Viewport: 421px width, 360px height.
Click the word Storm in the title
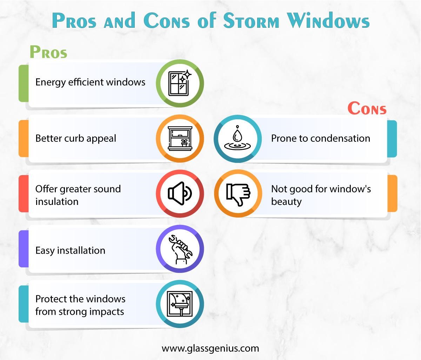coord(251,21)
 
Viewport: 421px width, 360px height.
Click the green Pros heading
coord(48,52)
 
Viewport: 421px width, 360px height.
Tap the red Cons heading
coord(367,108)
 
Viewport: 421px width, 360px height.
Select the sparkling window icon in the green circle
coord(180,84)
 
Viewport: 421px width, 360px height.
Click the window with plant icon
coord(180,139)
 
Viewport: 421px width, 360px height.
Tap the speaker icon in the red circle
coord(180,193)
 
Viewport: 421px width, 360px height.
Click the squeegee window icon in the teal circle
coord(180,304)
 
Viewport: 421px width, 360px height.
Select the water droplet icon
coord(238,139)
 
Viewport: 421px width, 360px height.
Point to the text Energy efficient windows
coord(90,82)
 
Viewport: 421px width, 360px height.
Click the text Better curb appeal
coord(75,139)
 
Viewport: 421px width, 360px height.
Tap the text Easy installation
coord(70,251)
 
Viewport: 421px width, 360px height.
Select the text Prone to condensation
coord(320,138)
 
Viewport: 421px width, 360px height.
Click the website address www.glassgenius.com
coord(210,348)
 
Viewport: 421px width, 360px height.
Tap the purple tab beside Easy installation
coord(23,249)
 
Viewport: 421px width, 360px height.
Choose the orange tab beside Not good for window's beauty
coord(392,193)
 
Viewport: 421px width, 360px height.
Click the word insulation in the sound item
coord(57,202)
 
